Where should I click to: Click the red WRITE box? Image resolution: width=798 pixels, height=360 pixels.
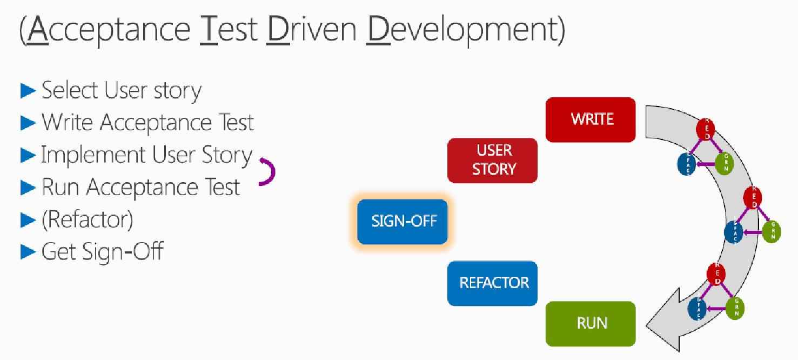[590, 119]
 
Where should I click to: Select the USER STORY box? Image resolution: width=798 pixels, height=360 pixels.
[493, 160]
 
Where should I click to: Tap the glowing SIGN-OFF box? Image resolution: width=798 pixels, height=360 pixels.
[403, 221]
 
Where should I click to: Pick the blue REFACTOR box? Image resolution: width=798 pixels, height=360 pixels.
[493, 283]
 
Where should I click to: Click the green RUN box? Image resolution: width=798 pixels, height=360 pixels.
[591, 323]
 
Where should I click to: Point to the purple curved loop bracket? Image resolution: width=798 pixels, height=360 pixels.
[269, 172]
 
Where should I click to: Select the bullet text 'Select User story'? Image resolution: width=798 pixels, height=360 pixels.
[121, 90]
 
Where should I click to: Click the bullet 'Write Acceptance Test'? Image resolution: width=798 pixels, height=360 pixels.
[147, 123]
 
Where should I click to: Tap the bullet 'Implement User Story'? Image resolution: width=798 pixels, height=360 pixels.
[146, 155]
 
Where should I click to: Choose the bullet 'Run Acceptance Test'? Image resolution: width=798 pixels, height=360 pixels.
[140, 187]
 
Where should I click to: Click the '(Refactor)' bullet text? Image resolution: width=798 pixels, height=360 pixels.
[87, 219]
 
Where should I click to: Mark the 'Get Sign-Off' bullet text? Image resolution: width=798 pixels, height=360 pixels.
[102, 251]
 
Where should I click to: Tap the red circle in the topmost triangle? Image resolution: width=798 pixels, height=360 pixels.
[705, 128]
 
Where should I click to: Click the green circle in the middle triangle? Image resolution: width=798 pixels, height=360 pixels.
[772, 231]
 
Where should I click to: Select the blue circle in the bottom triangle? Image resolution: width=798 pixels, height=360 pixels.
[697, 309]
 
